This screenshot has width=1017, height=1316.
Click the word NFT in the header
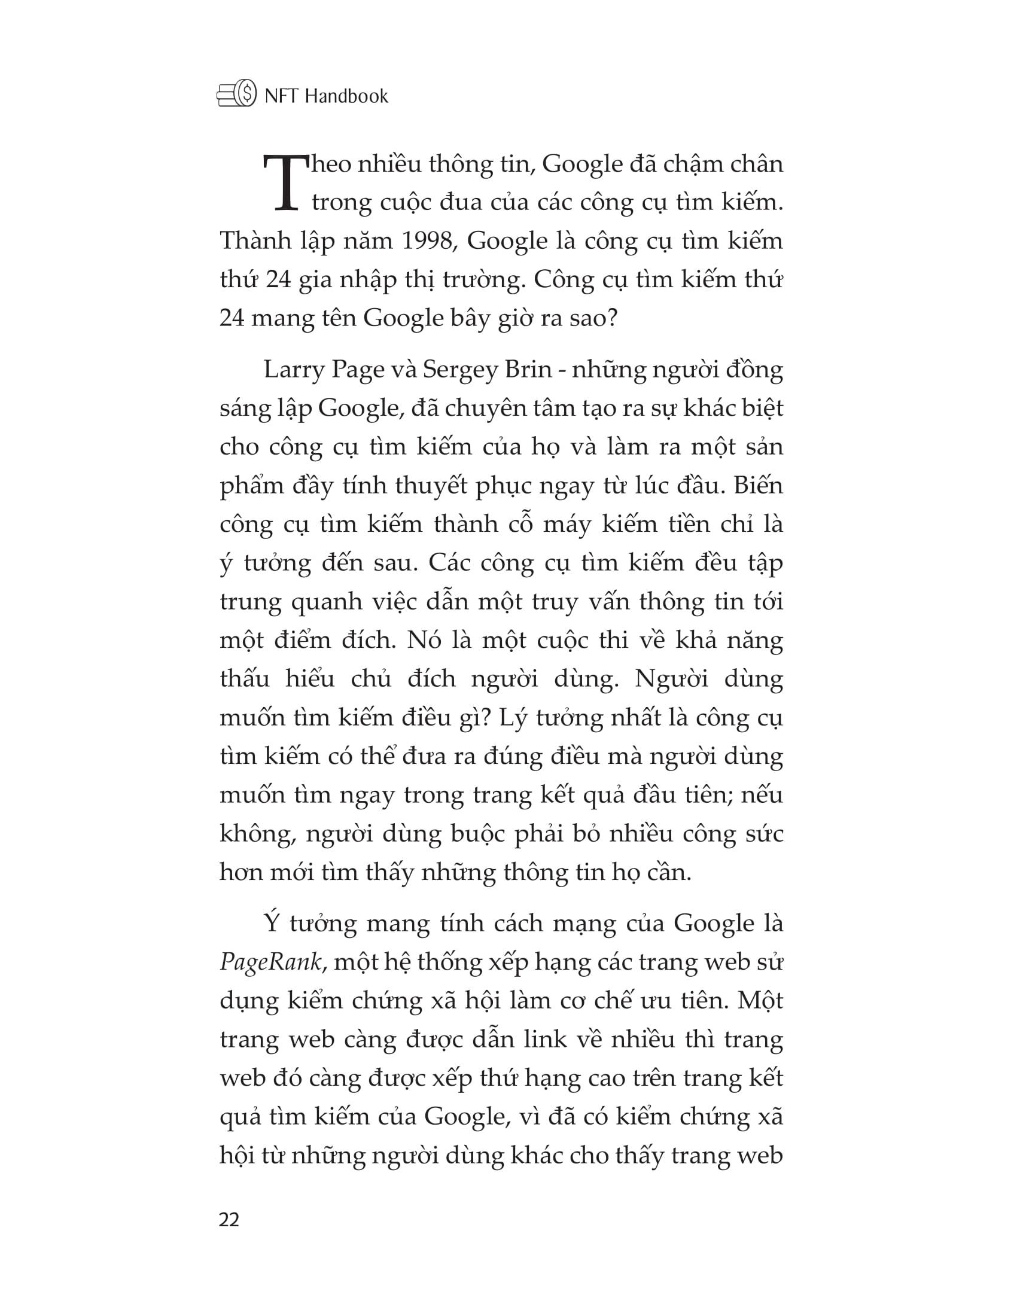pyautogui.click(x=282, y=96)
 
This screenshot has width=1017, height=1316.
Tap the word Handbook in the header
pyautogui.click(x=346, y=96)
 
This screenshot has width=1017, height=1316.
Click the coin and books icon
pyautogui.click(x=237, y=95)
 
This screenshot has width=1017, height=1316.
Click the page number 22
pyautogui.click(x=230, y=1220)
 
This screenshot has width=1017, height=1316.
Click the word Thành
pyautogui.click(x=256, y=241)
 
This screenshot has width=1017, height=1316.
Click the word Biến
pyautogui.click(x=758, y=486)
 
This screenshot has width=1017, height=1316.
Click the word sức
pyautogui.click(x=763, y=834)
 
